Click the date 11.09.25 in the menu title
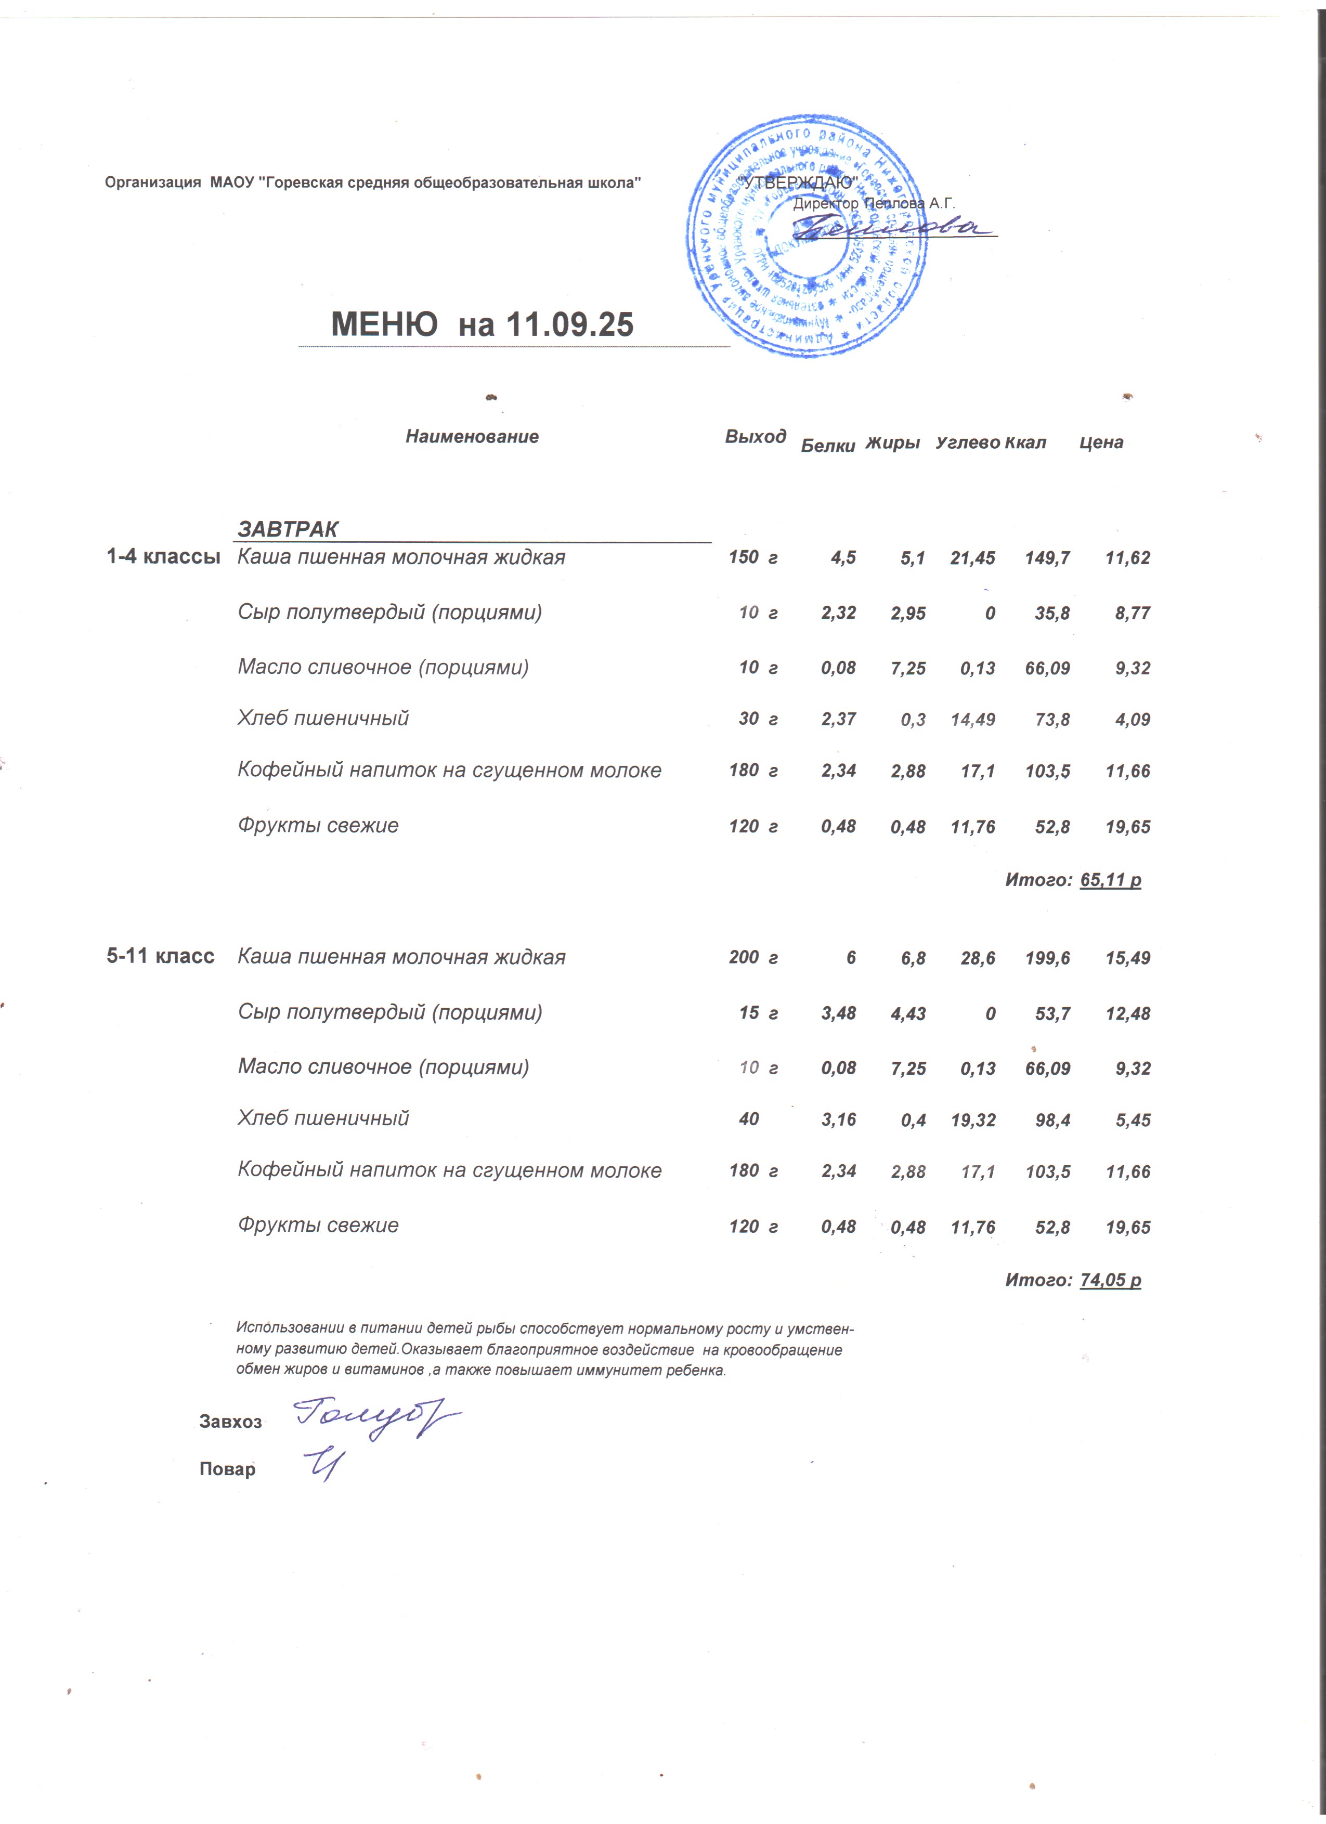tap(570, 324)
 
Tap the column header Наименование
tap(472, 437)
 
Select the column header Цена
tap(1101, 442)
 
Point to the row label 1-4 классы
tap(163, 556)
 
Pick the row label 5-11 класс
tap(161, 956)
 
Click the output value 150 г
tap(752, 557)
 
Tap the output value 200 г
tap(752, 957)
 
